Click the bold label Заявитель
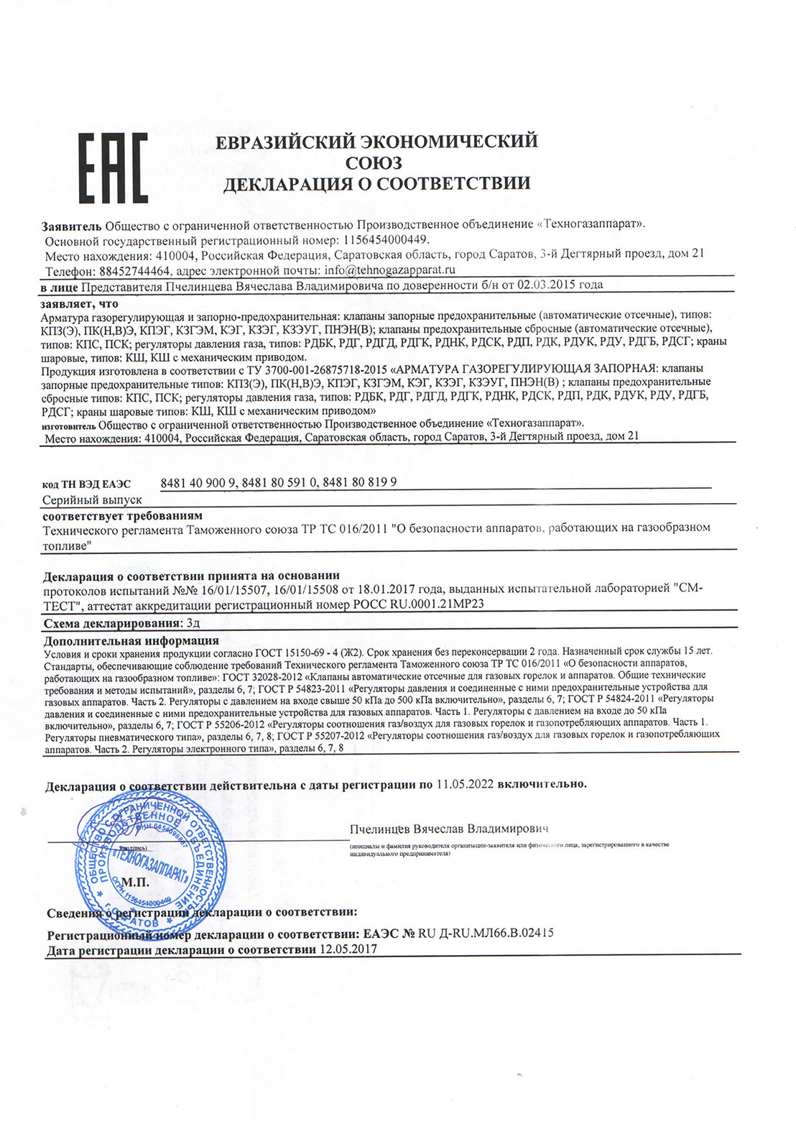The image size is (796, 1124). pos(72,224)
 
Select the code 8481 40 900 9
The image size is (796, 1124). pos(198,483)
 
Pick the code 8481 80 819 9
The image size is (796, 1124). pos(360,483)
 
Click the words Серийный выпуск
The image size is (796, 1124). pos(92,499)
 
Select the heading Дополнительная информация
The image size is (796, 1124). pos(131,640)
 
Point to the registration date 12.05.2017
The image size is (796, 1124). pos(348,949)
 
